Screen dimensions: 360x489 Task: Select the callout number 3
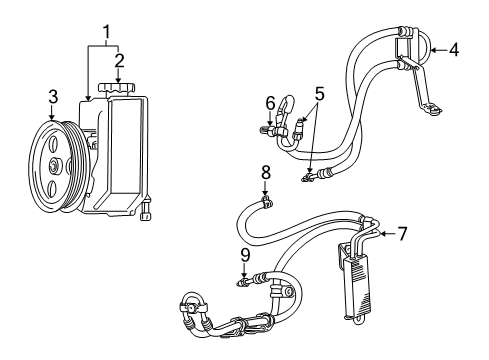[x=52, y=97]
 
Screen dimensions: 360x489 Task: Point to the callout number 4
[x=453, y=48]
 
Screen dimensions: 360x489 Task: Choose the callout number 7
[x=402, y=234]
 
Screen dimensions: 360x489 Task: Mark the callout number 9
[x=245, y=255]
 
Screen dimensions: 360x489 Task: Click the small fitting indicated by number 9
[x=245, y=283]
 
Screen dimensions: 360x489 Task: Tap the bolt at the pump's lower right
[x=147, y=214]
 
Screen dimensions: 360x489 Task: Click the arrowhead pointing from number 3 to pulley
[x=52, y=115]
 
